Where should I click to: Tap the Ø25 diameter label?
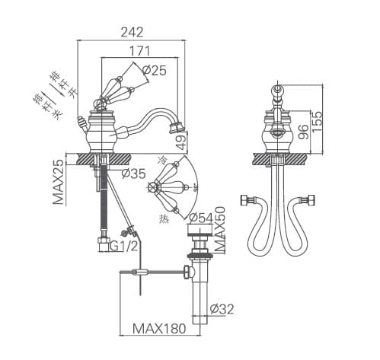(x=154, y=71)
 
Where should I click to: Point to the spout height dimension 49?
(x=181, y=141)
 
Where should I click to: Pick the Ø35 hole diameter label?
(x=133, y=174)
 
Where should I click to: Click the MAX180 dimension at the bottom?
(x=158, y=330)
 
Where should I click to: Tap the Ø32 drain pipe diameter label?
(x=222, y=308)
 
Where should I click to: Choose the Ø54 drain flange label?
(x=201, y=218)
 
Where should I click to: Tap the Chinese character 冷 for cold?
(x=161, y=160)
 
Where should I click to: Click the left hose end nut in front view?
(x=247, y=201)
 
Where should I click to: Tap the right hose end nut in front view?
(x=311, y=202)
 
